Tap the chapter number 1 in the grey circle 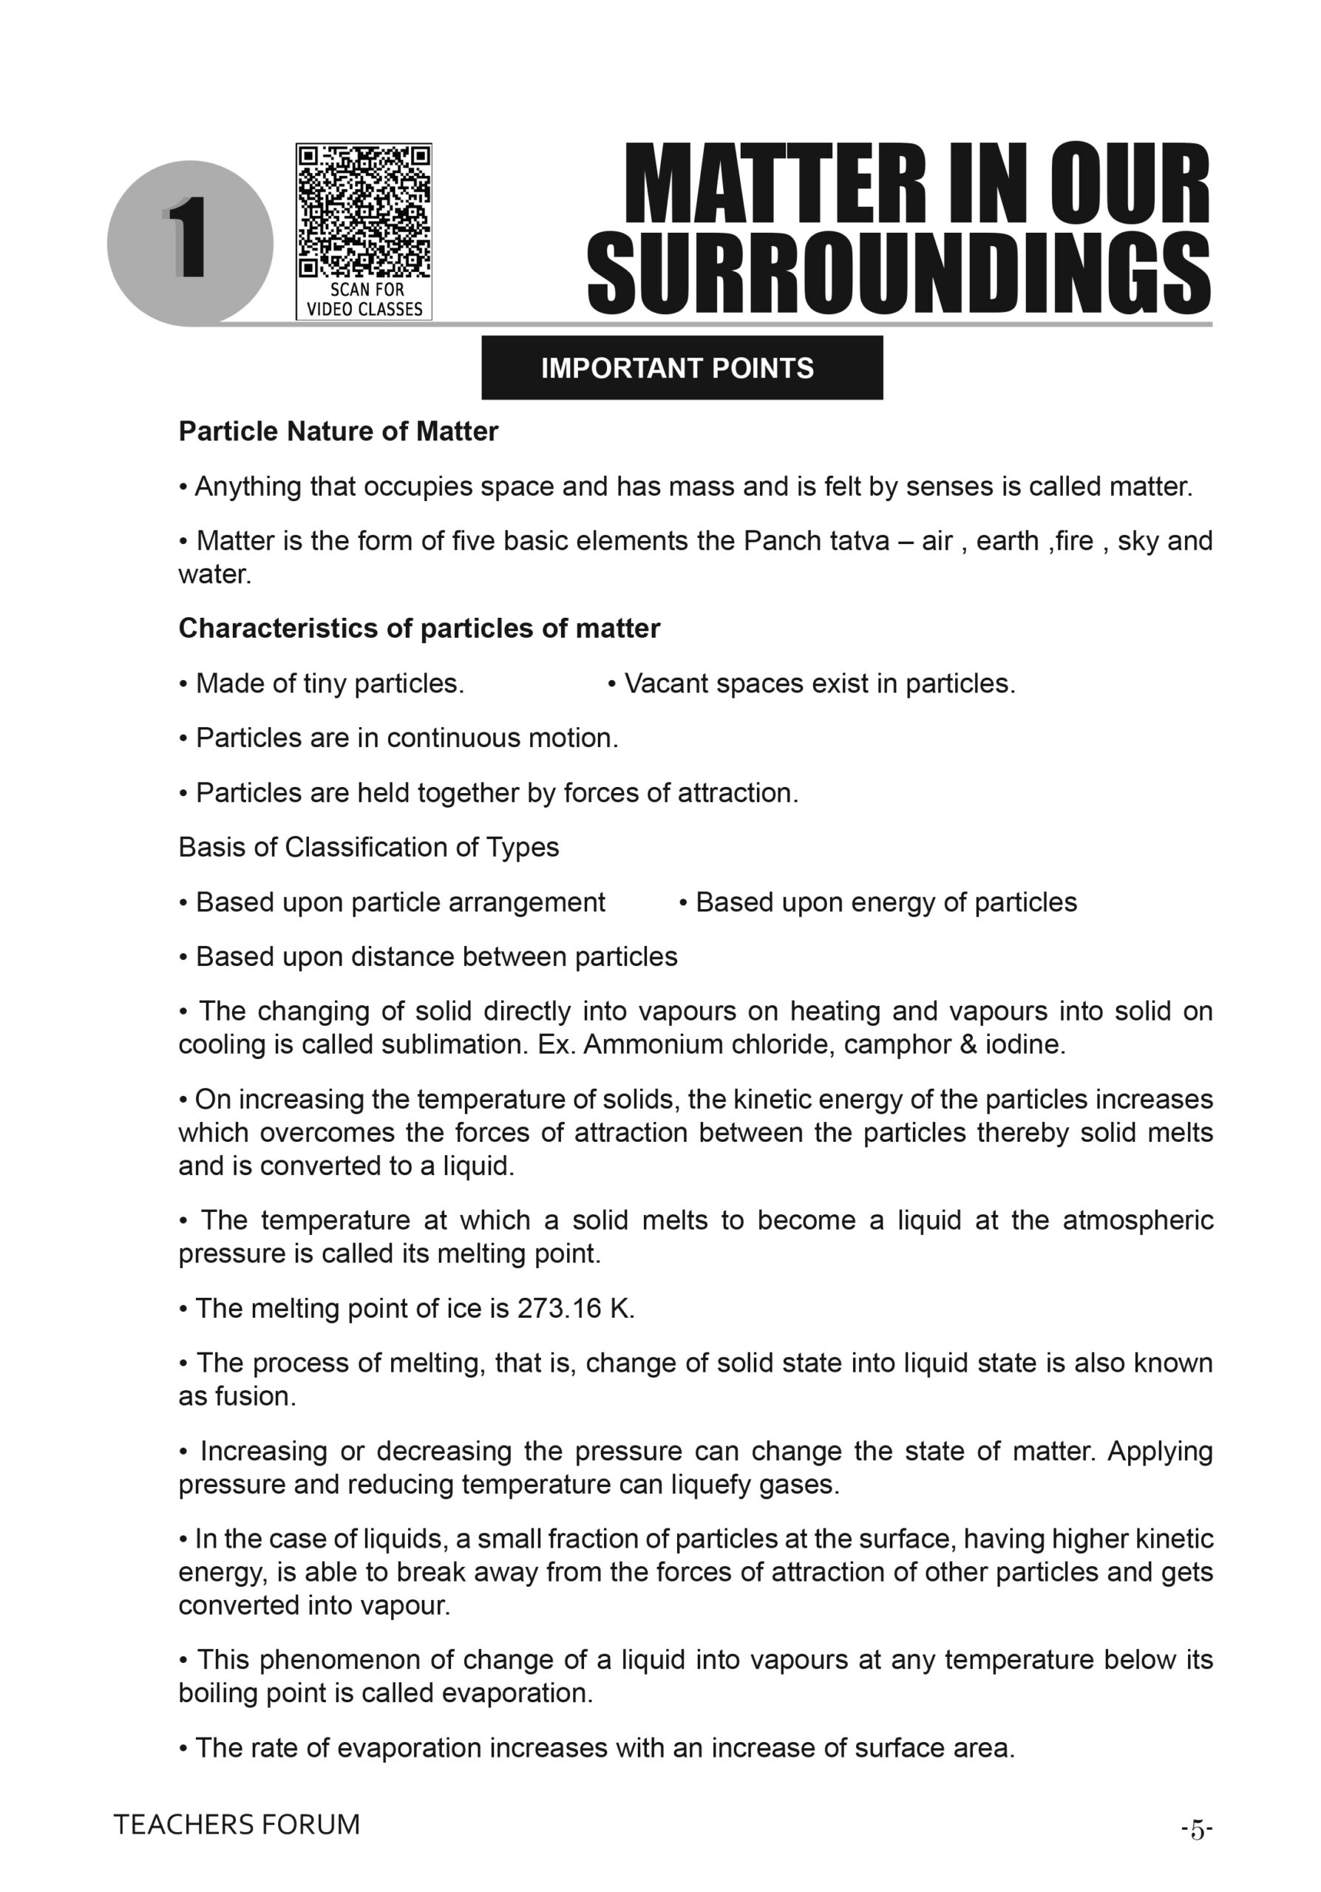pyautogui.click(x=189, y=239)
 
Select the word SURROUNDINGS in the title pyautogui.click(x=898, y=273)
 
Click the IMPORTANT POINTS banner pyautogui.click(x=682, y=367)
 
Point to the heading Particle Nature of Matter pyautogui.click(x=338, y=432)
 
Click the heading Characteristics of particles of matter pyautogui.click(x=418, y=629)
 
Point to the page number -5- pyautogui.click(x=1196, y=1829)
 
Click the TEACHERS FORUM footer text pyautogui.click(x=237, y=1825)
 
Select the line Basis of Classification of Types pyautogui.click(x=368, y=848)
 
